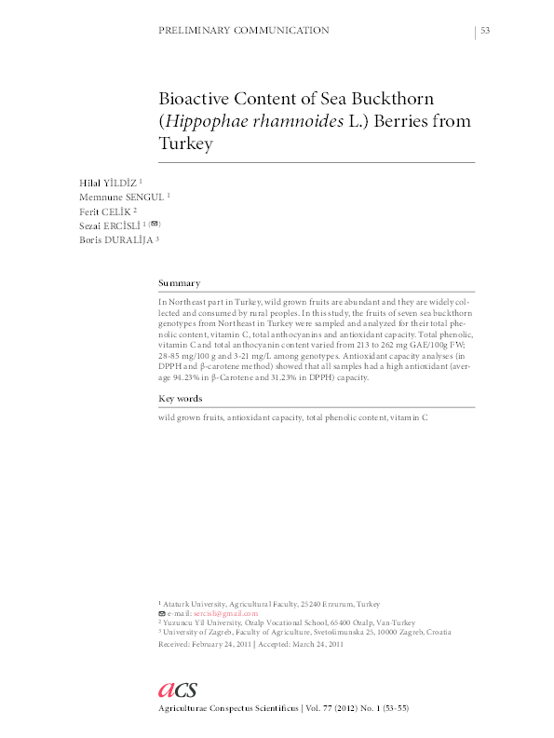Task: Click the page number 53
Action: point(485,31)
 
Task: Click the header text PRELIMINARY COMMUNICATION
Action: point(245,31)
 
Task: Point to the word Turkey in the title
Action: point(186,144)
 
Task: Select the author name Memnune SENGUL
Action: point(119,197)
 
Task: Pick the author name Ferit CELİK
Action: point(105,211)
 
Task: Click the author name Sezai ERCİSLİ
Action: point(110,225)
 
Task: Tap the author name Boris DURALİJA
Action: point(116,239)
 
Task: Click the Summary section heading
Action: point(179,282)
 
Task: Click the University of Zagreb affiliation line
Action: point(307,633)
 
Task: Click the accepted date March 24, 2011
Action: point(318,643)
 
